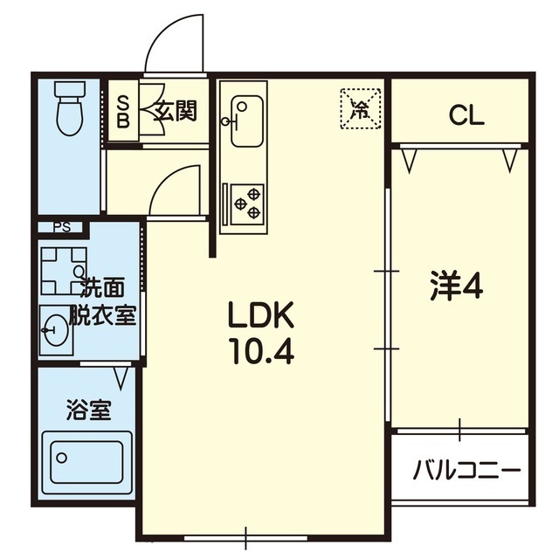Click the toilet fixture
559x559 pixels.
click(x=70, y=107)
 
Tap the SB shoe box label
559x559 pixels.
click(x=123, y=112)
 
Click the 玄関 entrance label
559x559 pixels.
click(x=176, y=111)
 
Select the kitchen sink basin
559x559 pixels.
click(x=246, y=121)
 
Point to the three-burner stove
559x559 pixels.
click(x=247, y=204)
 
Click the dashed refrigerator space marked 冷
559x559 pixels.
click(x=361, y=108)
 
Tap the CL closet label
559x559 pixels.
click(x=466, y=115)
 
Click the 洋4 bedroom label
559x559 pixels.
click(x=457, y=286)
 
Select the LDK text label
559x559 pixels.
click(x=261, y=314)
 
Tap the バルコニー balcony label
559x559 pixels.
click(x=466, y=470)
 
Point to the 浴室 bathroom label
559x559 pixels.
click(x=89, y=411)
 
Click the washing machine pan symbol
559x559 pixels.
click(x=64, y=271)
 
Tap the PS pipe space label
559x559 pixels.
click(x=63, y=227)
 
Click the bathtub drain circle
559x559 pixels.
click(x=61, y=458)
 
